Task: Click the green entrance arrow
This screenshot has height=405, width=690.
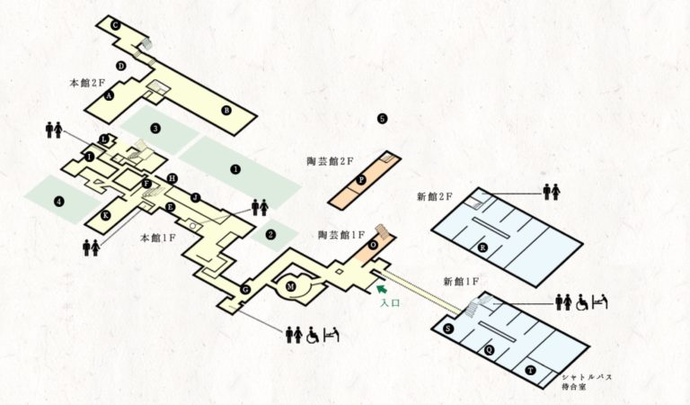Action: [382, 289]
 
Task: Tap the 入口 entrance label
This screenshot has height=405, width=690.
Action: [390, 302]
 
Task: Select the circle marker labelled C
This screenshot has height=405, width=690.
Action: [115, 25]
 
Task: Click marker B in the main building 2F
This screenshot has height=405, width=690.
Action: [226, 110]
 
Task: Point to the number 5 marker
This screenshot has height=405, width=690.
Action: [382, 119]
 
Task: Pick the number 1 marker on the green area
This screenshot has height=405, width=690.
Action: [236, 169]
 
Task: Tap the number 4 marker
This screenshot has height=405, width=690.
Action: [58, 202]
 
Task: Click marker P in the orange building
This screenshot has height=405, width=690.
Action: [361, 180]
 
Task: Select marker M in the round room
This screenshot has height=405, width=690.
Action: [290, 287]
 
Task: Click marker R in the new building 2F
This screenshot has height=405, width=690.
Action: [482, 247]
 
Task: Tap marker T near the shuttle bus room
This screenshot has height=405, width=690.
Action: [531, 371]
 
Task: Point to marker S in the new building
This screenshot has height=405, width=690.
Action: [448, 328]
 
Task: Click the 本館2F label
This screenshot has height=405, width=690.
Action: [87, 83]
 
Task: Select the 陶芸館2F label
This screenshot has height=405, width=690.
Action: [330, 161]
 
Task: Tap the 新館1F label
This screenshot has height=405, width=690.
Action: [461, 282]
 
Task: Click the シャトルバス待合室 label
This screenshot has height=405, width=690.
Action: [587, 382]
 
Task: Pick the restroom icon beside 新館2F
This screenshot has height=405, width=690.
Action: [552, 192]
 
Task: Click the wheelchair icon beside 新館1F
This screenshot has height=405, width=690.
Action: [582, 302]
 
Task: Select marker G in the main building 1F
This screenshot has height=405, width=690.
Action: [245, 290]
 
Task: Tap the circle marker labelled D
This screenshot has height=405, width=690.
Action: [121, 66]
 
